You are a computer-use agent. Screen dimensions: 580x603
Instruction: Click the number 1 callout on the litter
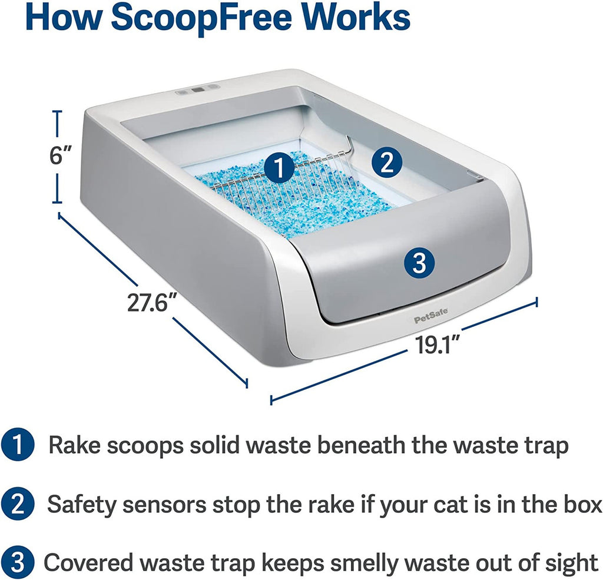click(x=279, y=168)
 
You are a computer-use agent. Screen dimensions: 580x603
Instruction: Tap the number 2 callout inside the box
click(x=385, y=162)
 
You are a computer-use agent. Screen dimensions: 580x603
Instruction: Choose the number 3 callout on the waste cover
click(x=419, y=263)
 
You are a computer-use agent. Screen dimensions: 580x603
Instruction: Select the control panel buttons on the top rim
click(x=198, y=90)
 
